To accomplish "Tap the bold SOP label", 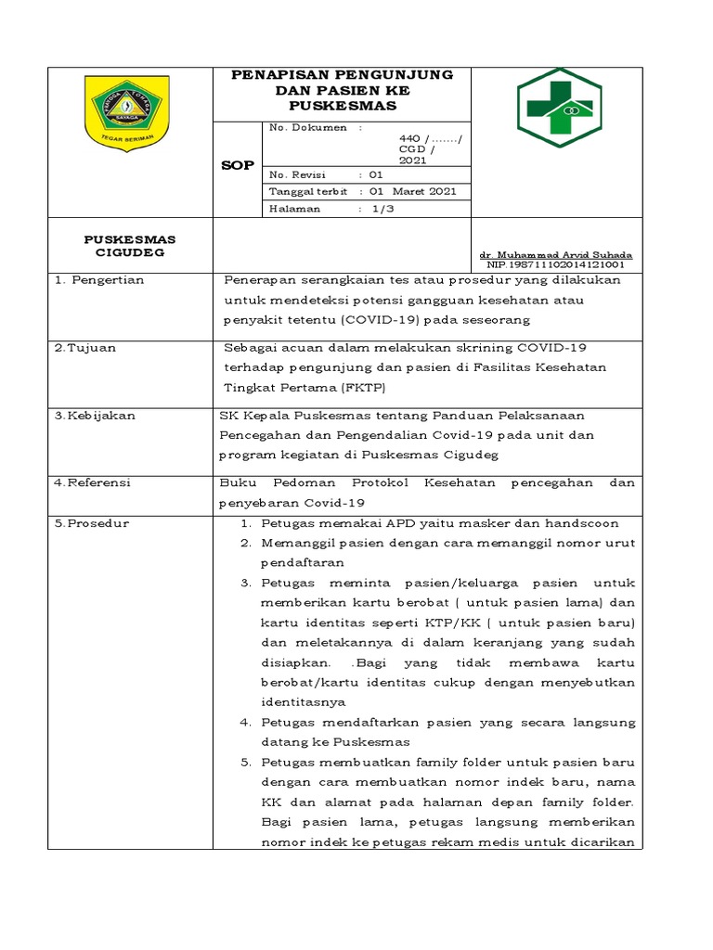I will point(236,165).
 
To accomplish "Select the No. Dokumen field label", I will point(307,127).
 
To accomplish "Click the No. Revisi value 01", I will point(375,174).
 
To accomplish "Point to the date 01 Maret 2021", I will point(413,191).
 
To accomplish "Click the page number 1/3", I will point(382,209).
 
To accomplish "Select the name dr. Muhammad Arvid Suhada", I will point(555,254).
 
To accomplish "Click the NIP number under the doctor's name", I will point(555,264).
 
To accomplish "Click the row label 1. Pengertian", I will point(98,279).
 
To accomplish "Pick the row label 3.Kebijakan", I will point(95,415).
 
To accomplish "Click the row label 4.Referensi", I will point(93,482).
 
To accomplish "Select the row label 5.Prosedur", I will point(92,523).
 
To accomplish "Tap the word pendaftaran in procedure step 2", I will point(302,562).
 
